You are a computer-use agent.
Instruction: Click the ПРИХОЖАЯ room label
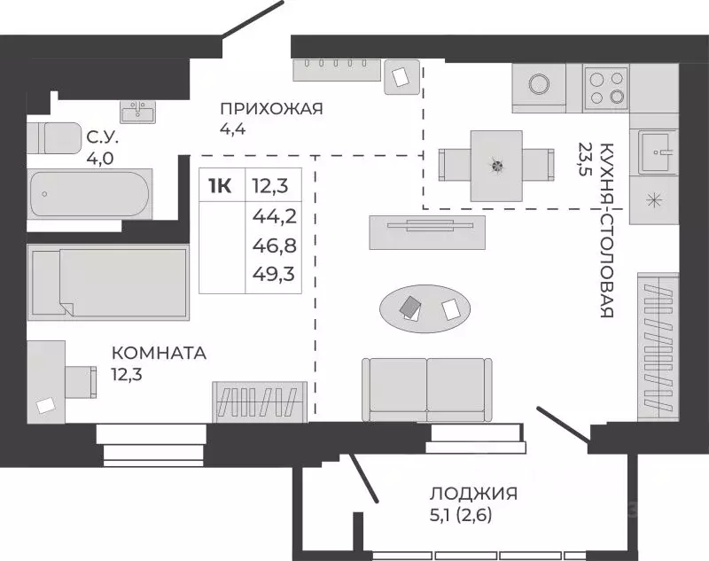[271, 109]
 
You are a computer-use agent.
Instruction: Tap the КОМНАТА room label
[159, 353]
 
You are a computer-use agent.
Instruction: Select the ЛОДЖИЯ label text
[473, 494]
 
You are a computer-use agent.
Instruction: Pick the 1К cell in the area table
[220, 185]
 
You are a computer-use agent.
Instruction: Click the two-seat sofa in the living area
[426, 388]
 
